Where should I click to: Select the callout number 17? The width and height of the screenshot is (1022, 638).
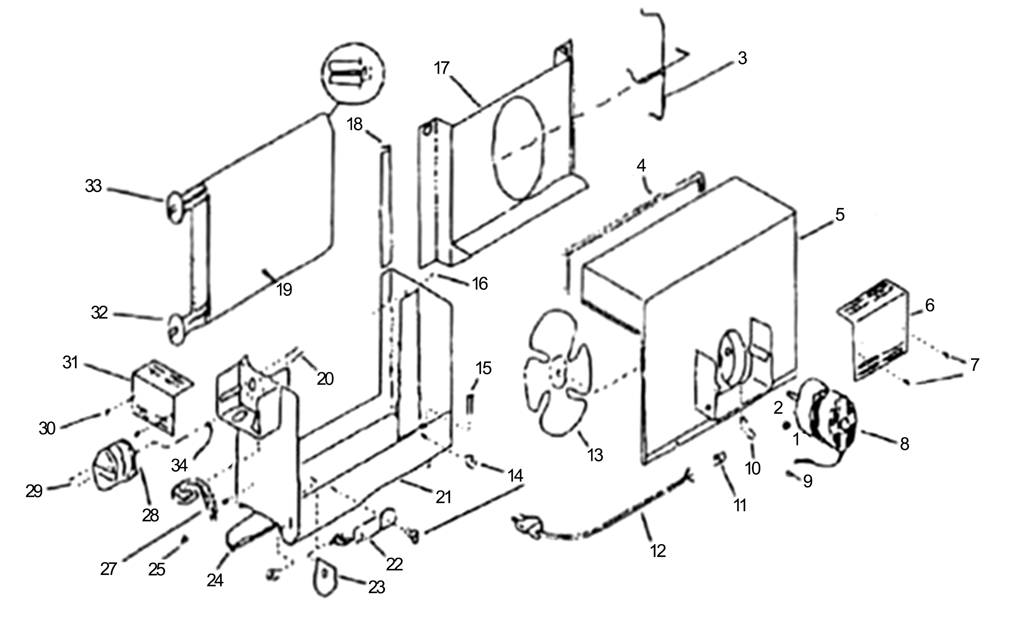tap(442, 68)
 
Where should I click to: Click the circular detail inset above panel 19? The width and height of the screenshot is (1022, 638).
tap(353, 73)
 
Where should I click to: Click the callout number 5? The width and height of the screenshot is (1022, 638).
tap(840, 215)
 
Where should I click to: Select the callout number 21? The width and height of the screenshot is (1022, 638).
tap(443, 497)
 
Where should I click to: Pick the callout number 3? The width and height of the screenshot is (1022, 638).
tap(742, 58)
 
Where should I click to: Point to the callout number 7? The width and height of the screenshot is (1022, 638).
tap(974, 365)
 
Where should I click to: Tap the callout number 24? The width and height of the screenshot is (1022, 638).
tap(215, 581)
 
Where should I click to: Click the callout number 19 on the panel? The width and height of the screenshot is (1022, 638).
tap(284, 290)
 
